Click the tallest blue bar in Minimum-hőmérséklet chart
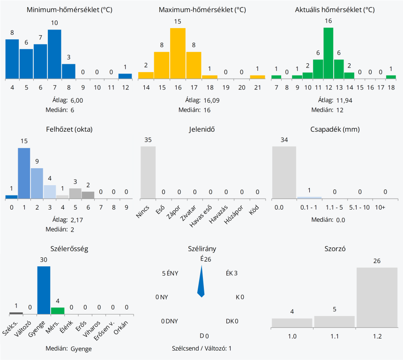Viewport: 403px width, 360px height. pyautogui.click(x=55, y=54)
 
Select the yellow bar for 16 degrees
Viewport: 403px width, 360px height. pyautogui.click(x=178, y=53)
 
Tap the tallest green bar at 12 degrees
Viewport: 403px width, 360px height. pyautogui.click(x=328, y=53)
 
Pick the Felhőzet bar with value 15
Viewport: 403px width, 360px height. pyautogui.click(x=24, y=173)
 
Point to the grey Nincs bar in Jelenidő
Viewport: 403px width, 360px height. pyautogui.click(x=148, y=172)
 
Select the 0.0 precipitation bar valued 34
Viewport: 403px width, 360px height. pyautogui.click(x=284, y=172)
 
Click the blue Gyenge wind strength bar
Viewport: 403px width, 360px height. pyautogui.click(x=44, y=290)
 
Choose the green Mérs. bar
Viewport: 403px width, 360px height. pyautogui.click(x=58, y=310)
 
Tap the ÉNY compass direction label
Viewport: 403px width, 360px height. pyautogui.click(x=173, y=273)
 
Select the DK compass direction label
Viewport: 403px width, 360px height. pyautogui.click(x=230, y=321)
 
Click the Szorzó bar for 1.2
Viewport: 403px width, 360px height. pyautogui.click(x=377, y=297)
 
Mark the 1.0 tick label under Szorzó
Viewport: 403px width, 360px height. pyautogui.click(x=292, y=336)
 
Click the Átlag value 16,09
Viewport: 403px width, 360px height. pyautogui.click(x=211, y=100)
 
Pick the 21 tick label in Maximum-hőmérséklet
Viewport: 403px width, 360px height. pyautogui.click(x=257, y=88)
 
